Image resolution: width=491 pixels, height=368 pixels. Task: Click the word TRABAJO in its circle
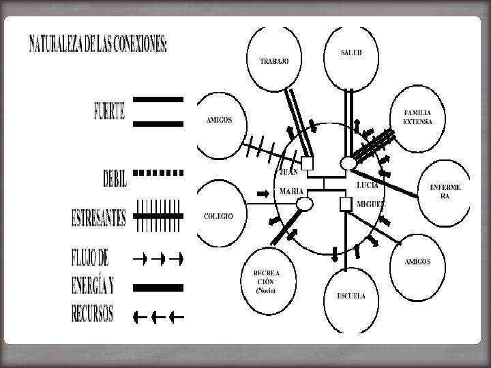274,61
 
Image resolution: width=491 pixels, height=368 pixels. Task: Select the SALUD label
352,52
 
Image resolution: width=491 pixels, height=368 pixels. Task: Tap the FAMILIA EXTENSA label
418,117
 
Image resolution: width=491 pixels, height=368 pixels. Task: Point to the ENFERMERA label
445,191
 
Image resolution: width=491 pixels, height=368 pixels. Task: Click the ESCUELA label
351,296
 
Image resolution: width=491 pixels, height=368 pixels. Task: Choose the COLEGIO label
219,216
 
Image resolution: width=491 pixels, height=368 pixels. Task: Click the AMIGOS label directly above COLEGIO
219,120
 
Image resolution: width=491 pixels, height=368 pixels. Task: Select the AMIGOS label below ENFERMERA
417,262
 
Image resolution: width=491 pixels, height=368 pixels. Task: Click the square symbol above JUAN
308,163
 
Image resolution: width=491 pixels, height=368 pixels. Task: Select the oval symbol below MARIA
305,204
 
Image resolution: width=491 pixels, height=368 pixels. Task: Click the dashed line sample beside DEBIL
158,173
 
